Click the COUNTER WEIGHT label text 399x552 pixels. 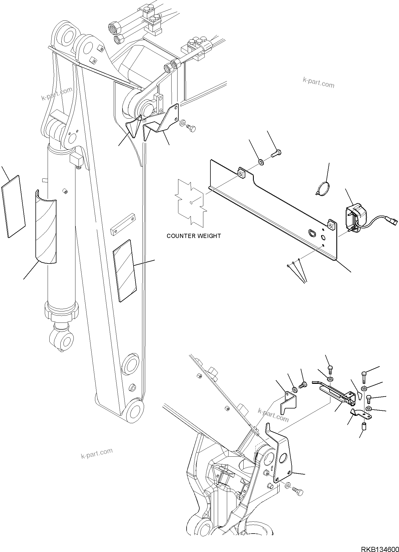pyautogui.click(x=194, y=236)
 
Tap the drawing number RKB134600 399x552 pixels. pyautogui.click(x=379, y=547)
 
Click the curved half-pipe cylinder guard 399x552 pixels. pyautogui.click(x=46, y=227)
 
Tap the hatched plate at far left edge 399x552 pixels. pyautogui.click(x=13, y=206)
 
